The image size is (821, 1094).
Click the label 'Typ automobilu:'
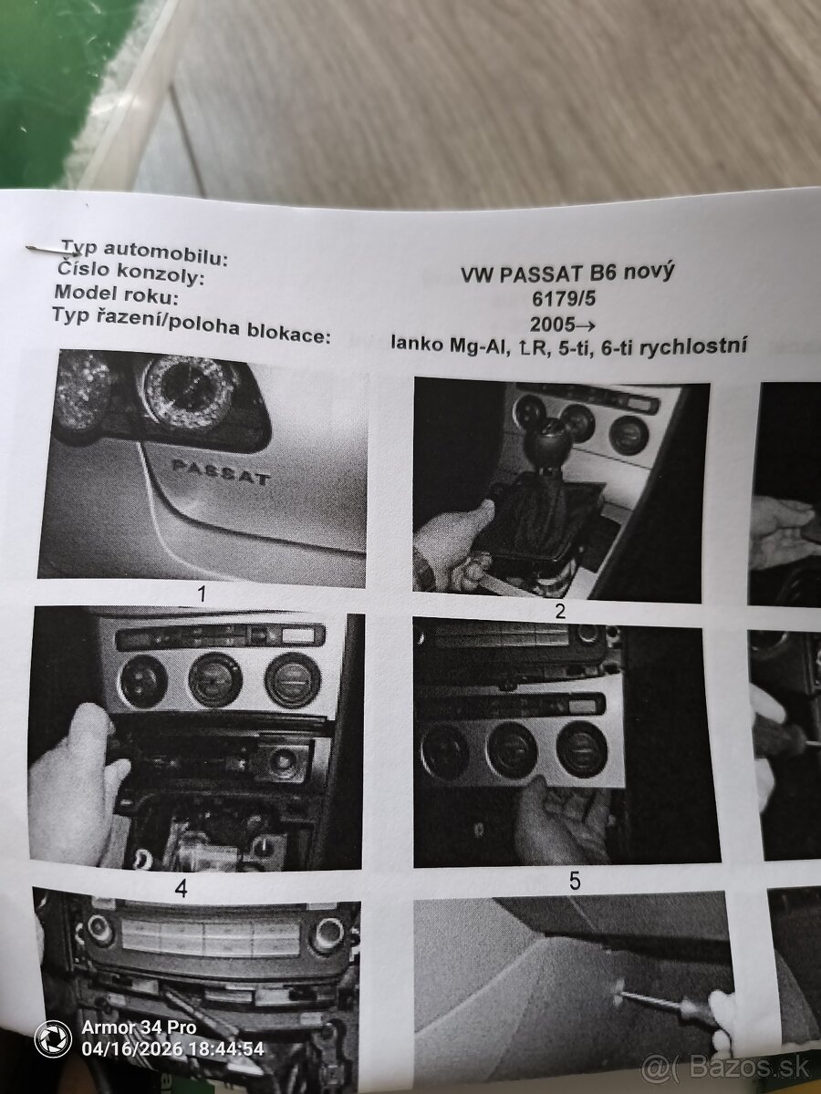click(x=144, y=253)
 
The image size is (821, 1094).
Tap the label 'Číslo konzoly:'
click(x=130, y=274)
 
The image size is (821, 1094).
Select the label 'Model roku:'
click(x=116, y=295)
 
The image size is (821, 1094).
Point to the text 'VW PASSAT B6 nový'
click(x=567, y=273)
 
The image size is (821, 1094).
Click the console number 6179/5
click(x=564, y=300)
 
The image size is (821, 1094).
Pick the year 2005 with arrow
click(x=563, y=325)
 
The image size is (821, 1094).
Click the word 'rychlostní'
click(x=693, y=346)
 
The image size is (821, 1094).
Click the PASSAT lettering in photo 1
click(x=221, y=473)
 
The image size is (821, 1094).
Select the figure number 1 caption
click(x=202, y=593)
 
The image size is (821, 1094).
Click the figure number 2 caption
click(x=560, y=612)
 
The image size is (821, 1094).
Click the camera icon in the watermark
click(x=52, y=1038)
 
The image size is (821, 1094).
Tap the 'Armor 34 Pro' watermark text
click(x=139, y=1027)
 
